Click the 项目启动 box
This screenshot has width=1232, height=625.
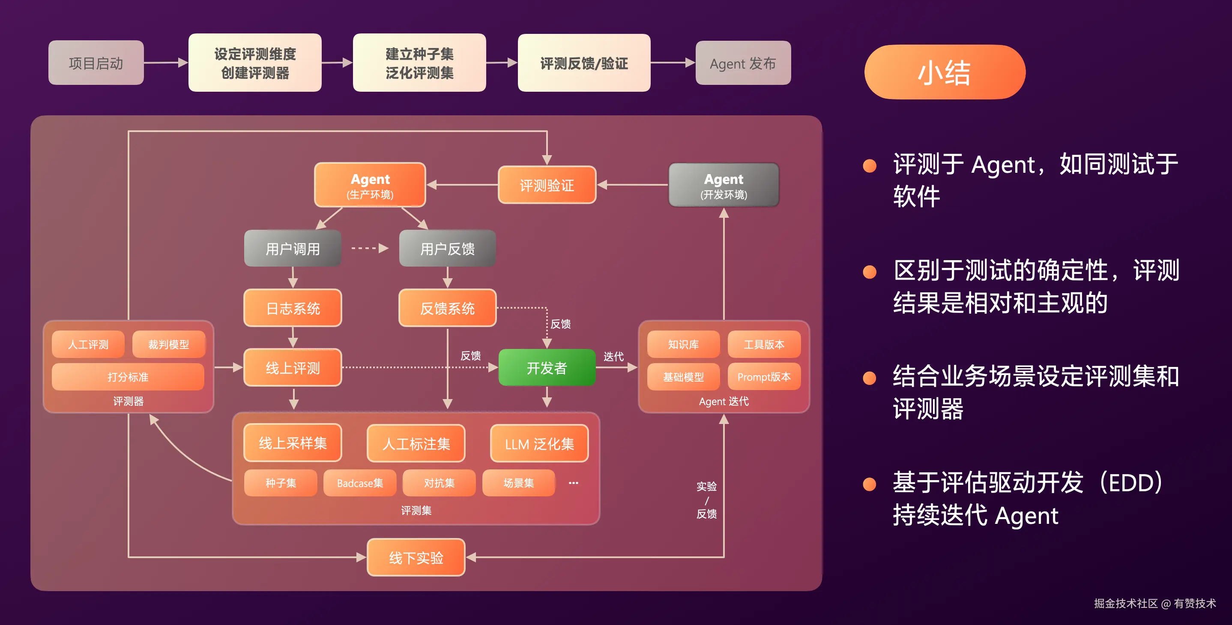coord(96,63)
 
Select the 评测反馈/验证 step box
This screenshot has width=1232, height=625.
coord(584,63)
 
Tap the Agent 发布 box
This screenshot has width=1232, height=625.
coord(743,63)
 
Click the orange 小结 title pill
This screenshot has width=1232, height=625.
coord(945,72)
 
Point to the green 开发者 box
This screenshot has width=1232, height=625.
coord(547,367)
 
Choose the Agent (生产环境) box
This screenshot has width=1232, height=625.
coord(370,185)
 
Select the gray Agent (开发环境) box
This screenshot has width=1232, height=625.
coord(724,185)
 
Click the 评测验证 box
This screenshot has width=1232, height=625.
coord(547,185)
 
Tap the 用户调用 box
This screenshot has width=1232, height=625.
coord(293,248)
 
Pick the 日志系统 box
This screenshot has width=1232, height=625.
coord(293,308)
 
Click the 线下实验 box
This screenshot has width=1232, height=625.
coord(416,557)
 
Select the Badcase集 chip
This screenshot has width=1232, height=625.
coord(360,483)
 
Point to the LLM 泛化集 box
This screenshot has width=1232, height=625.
coord(539,443)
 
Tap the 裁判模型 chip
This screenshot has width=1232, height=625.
coord(168,344)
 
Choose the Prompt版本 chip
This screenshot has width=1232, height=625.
coord(764,377)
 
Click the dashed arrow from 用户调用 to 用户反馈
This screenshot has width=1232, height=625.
coord(370,248)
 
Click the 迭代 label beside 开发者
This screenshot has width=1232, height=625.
coord(613,356)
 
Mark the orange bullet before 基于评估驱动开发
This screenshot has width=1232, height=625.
coord(870,484)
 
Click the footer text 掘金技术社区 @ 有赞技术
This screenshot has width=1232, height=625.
coord(1154,603)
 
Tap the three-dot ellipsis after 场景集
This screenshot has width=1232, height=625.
coord(573,483)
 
